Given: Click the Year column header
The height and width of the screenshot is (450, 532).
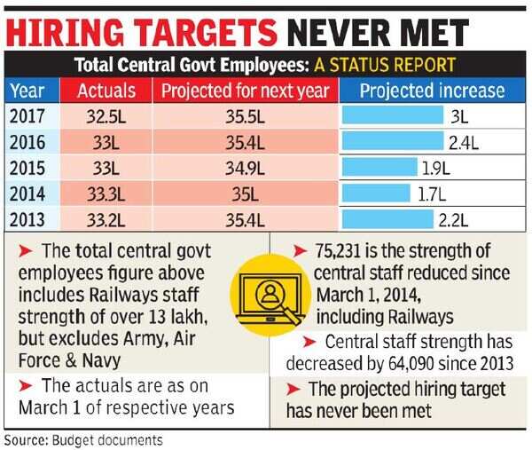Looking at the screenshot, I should coord(29,91).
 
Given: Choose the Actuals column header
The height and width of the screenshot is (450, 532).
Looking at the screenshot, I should coord(106,91).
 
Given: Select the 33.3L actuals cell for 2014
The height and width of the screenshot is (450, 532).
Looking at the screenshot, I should coord(106,193).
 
